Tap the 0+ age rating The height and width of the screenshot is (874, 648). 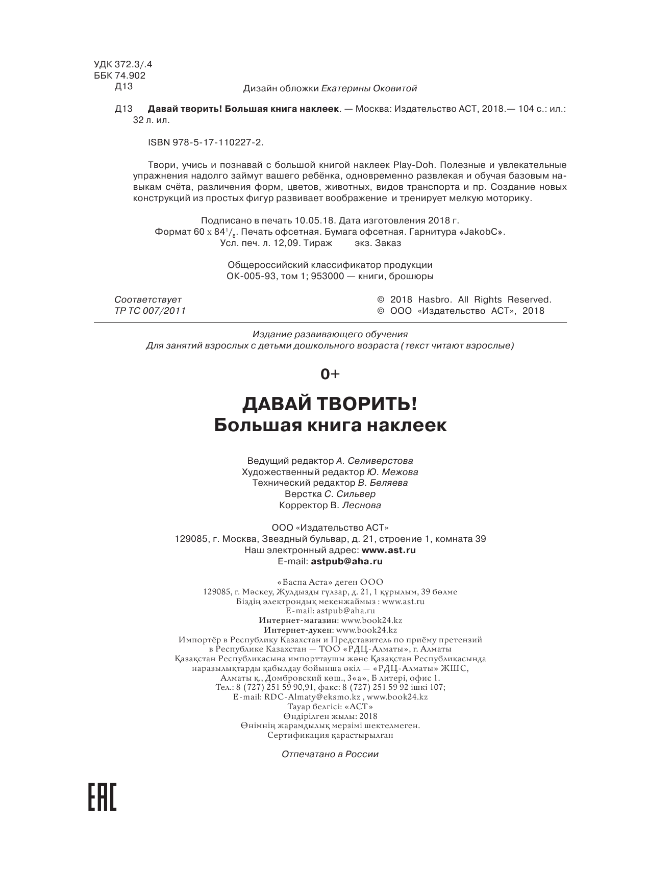point(329,374)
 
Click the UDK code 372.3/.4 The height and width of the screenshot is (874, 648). point(123,64)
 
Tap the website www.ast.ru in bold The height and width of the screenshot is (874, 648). point(388,550)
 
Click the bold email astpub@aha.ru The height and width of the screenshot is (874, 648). point(346,561)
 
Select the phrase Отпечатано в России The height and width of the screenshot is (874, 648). point(330,754)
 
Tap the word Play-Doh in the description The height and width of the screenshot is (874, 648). point(413,165)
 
